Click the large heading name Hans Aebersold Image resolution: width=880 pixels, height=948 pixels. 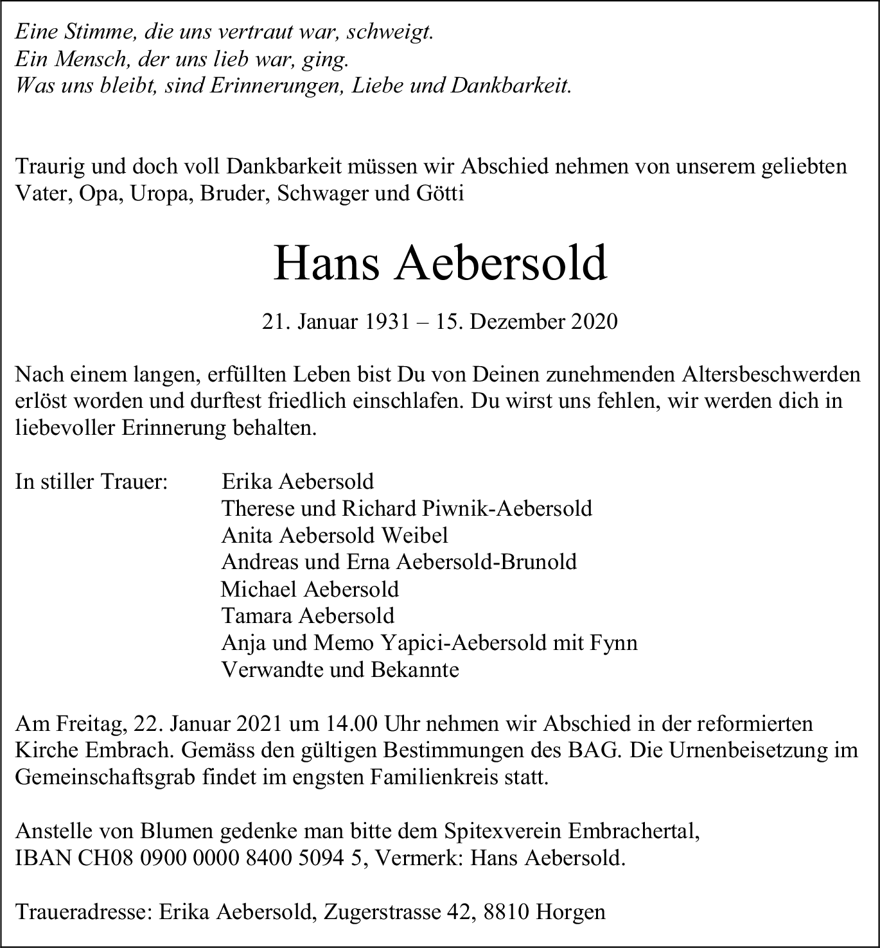440,263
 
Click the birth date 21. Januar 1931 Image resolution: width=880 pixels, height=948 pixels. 335,321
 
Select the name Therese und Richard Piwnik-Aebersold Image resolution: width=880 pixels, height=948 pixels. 407,508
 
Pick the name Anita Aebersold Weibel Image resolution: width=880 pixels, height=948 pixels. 335,535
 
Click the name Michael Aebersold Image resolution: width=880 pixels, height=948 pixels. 310,589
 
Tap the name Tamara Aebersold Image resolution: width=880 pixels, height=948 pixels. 308,616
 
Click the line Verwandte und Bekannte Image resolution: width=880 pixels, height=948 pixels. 340,670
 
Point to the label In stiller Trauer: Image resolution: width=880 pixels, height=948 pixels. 91,481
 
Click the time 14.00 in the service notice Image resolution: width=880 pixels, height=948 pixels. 346,724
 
